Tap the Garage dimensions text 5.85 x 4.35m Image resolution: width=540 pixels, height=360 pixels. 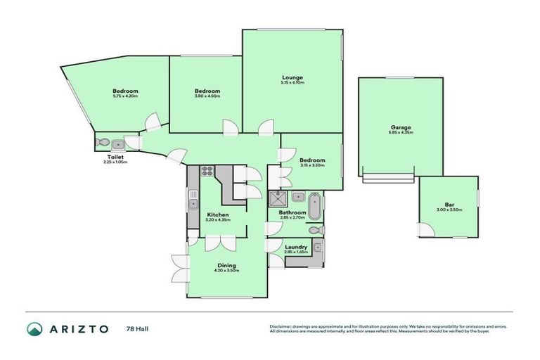coord(400,131)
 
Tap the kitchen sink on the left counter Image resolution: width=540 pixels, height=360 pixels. coord(192,204)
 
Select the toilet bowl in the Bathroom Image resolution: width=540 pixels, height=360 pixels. coord(318,230)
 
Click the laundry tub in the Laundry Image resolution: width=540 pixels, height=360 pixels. coord(317,247)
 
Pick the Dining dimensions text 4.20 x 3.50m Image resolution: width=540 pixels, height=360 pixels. coord(226,271)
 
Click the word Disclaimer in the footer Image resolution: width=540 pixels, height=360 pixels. coord(281,326)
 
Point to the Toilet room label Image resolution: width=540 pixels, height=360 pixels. coord(115,157)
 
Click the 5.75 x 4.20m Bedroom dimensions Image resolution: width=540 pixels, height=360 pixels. coord(125,96)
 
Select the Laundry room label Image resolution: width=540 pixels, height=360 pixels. coord(295,247)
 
